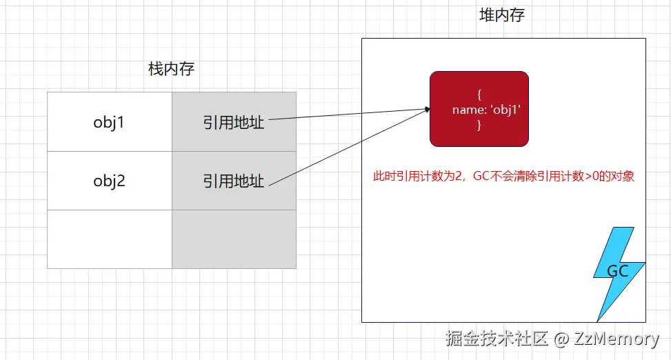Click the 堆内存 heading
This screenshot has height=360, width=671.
point(502,15)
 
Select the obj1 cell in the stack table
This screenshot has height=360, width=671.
point(110,122)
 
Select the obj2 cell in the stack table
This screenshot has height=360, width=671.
point(110,181)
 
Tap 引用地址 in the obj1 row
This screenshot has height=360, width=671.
point(234,122)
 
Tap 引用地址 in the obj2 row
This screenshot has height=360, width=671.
point(234,181)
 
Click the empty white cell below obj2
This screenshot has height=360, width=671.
point(110,239)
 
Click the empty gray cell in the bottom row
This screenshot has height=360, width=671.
point(234,239)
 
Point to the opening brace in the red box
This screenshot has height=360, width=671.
point(479,94)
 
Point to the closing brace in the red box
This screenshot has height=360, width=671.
point(479,126)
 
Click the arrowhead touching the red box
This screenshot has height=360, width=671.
point(428,109)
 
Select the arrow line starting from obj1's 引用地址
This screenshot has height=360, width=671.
point(345,114)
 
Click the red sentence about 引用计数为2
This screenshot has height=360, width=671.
point(503,177)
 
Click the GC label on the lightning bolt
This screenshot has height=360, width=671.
point(617,271)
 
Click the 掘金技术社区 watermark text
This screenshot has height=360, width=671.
point(497,339)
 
